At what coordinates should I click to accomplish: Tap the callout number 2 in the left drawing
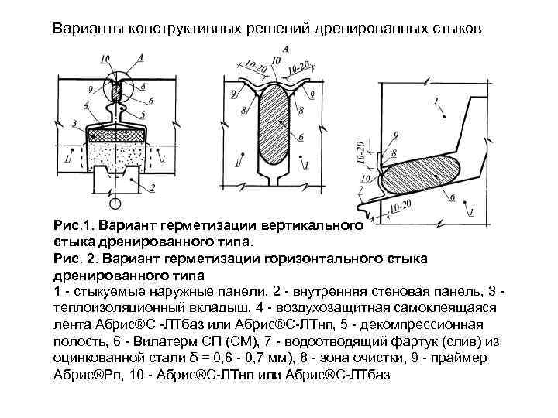click(152, 188)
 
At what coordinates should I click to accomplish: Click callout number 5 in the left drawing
click(150, 113)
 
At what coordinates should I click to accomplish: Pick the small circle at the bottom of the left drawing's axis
click(115, 204)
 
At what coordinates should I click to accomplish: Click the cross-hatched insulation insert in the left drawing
click(115, 136)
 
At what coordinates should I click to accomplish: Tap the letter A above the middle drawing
click(285, 48)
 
